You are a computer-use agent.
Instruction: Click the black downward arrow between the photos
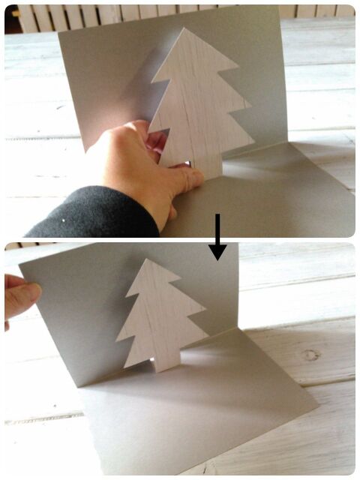217,238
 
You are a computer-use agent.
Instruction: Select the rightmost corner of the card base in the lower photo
319,411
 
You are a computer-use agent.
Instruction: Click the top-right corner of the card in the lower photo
237,244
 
